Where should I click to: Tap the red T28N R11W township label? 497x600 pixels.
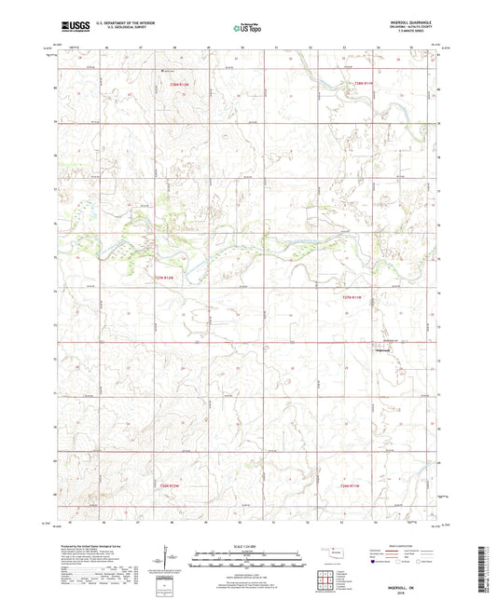point(370,86)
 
